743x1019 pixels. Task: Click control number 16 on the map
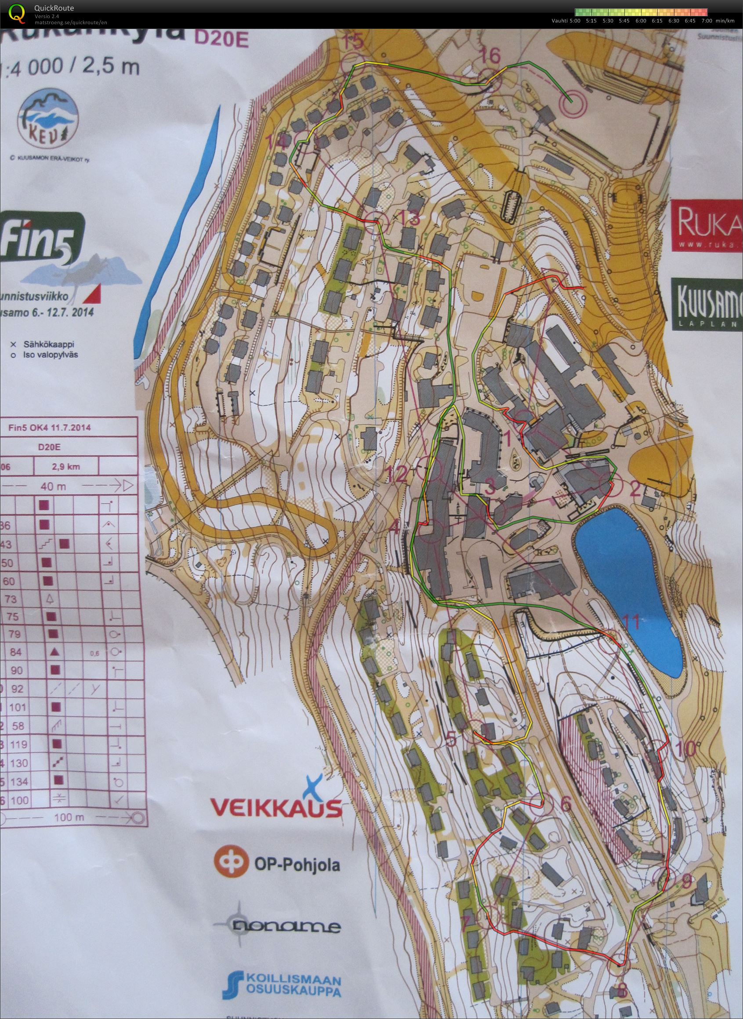(490, 56)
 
